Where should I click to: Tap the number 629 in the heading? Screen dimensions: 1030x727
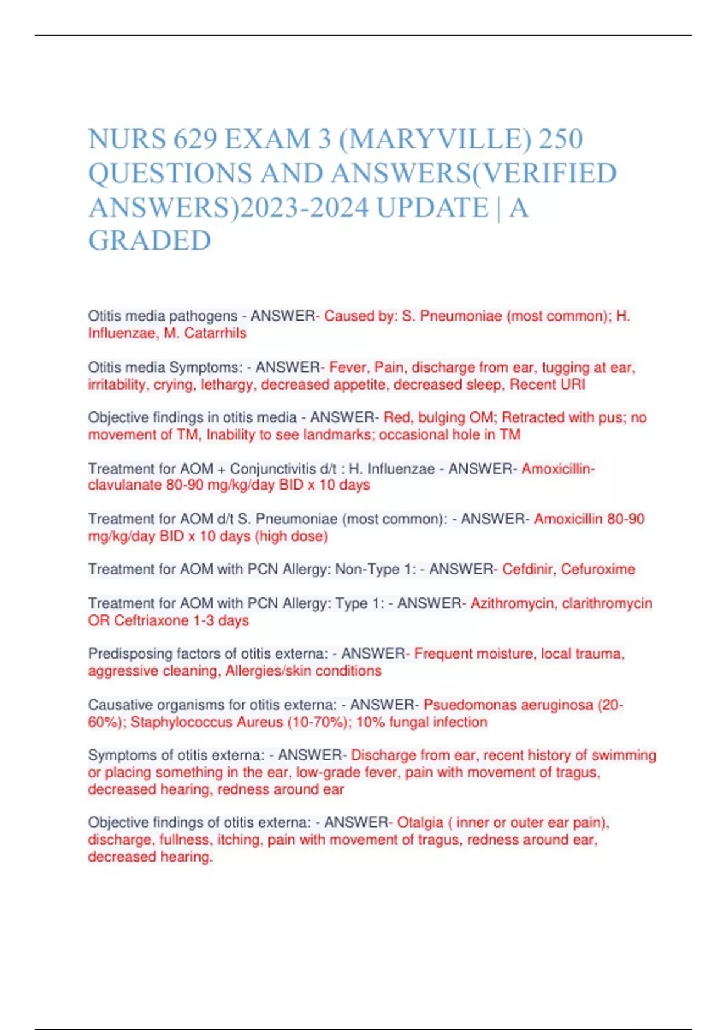(195, 139)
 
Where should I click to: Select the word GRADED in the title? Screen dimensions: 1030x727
(150, 241)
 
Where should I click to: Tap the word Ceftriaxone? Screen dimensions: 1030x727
(151, 620)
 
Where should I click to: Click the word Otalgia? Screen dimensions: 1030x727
(420, 823)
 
